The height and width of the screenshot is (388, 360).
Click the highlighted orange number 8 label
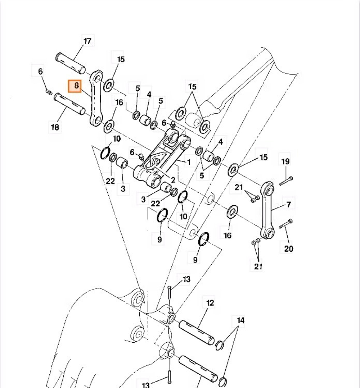76,86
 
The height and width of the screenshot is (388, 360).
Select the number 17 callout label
87,41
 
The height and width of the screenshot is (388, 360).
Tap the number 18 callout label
55,127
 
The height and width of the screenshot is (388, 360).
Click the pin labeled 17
71,62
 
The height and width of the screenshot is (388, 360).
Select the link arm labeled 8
96,99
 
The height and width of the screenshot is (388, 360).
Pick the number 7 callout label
288,205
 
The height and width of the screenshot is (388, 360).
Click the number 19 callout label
285,161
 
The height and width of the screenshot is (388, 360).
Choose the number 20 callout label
289,248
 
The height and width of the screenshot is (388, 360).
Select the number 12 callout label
210,303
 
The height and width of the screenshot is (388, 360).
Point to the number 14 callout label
240,320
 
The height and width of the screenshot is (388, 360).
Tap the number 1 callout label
189,163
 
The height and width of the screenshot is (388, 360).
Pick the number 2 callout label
173,179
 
